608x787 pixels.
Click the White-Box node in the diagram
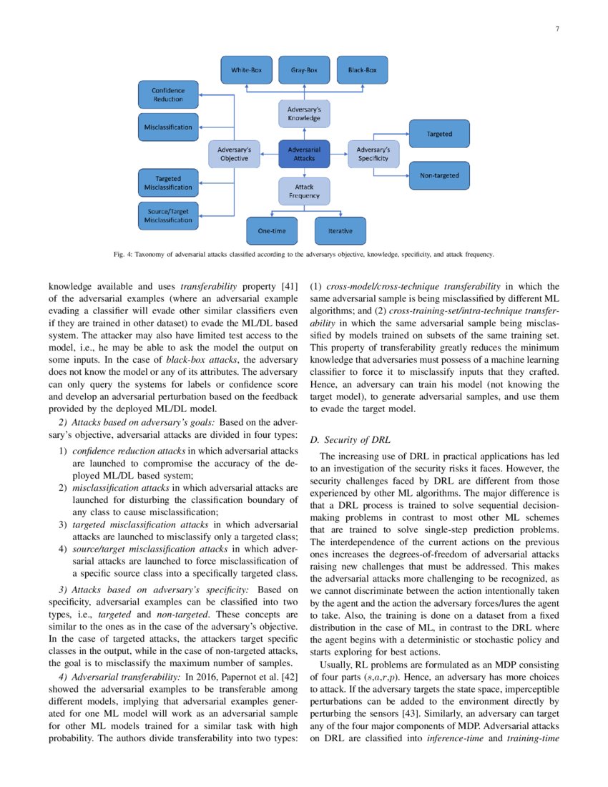point(245,71)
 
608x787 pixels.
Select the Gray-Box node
point(304,71)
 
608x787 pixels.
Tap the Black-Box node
point(362,71)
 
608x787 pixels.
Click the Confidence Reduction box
point(167,94)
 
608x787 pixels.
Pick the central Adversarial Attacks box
point(304,154)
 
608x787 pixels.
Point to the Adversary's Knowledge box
point(304,113)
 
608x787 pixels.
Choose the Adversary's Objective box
point(234,154)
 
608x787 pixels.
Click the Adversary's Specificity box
point(373,154)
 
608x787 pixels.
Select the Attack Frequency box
point(304,191)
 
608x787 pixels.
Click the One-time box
point(273,231)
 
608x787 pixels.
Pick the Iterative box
point(340,231)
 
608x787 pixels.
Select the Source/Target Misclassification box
point(167,215)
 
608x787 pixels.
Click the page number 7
point(556,29)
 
